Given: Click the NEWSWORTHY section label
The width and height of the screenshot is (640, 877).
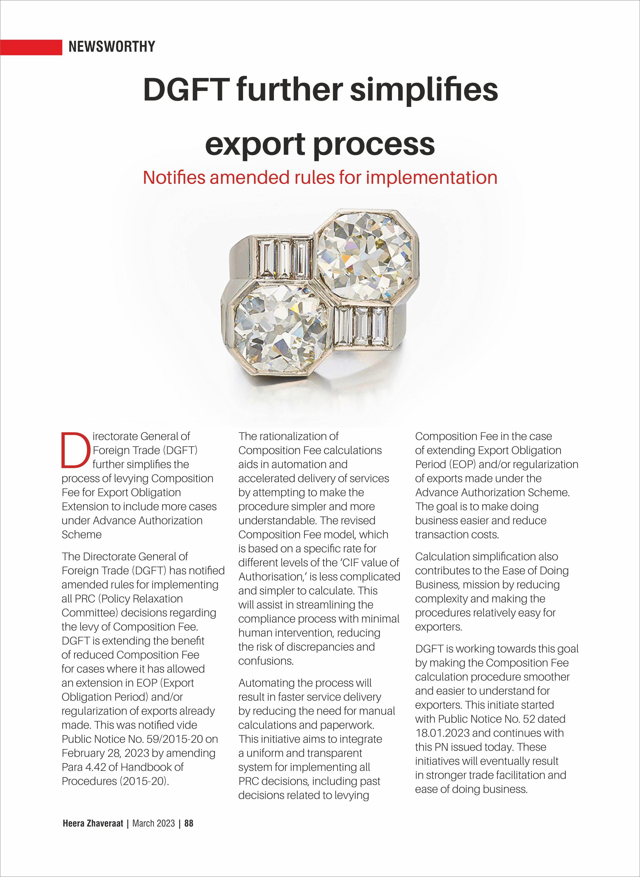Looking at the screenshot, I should [x=111, y=47].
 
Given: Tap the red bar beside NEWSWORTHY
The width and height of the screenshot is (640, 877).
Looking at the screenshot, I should [x=31, y=47].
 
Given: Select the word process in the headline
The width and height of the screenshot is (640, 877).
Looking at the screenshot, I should [x=374, y=144].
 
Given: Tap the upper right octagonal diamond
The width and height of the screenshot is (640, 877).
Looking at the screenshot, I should [x=365, y=256].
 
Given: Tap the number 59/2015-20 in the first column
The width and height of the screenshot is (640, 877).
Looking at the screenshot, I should [x=174, y=739].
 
